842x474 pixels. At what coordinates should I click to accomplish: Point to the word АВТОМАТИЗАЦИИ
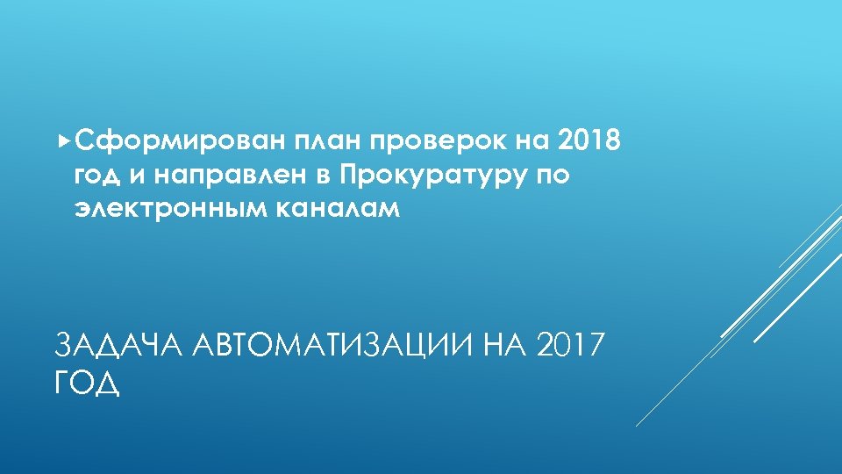click(x=338, y=347)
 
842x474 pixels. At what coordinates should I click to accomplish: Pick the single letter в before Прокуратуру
click(x=324, y=176)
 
